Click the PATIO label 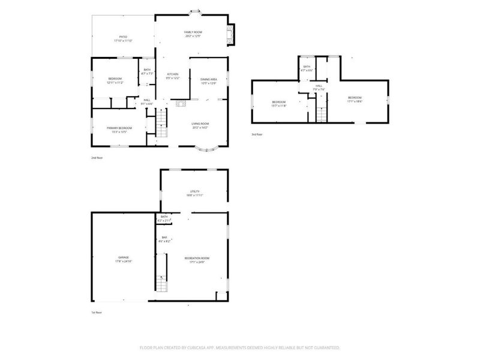[x=122, y=37]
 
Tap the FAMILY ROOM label [x=193, y=32]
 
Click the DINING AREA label [x=208, y=79]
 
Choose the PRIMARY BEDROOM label [x=119, y=128]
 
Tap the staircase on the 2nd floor [x=161, y=125]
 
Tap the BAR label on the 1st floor [x=164, y=238]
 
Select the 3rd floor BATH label [x=307, y=67]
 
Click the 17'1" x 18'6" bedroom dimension [x=355, y=101]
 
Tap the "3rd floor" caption [x=257, y=134]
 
